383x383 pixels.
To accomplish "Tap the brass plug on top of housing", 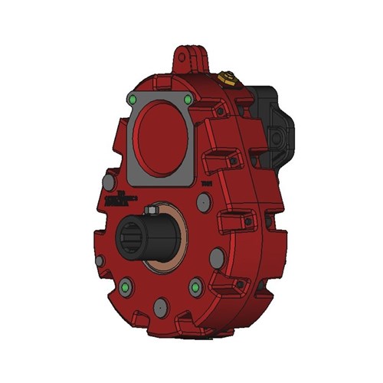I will pyautogui.click(x=225, y=78).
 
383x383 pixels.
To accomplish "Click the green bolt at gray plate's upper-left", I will pyautogui.click(x=133, y=100).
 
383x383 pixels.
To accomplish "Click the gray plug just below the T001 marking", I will pyautogui.click(x=204, y=202).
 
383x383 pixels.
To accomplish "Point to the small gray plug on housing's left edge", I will pyautogui.click(x=100, y=260).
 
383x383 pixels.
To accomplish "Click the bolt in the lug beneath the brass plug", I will pyautogui.click(x=221, y=113).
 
